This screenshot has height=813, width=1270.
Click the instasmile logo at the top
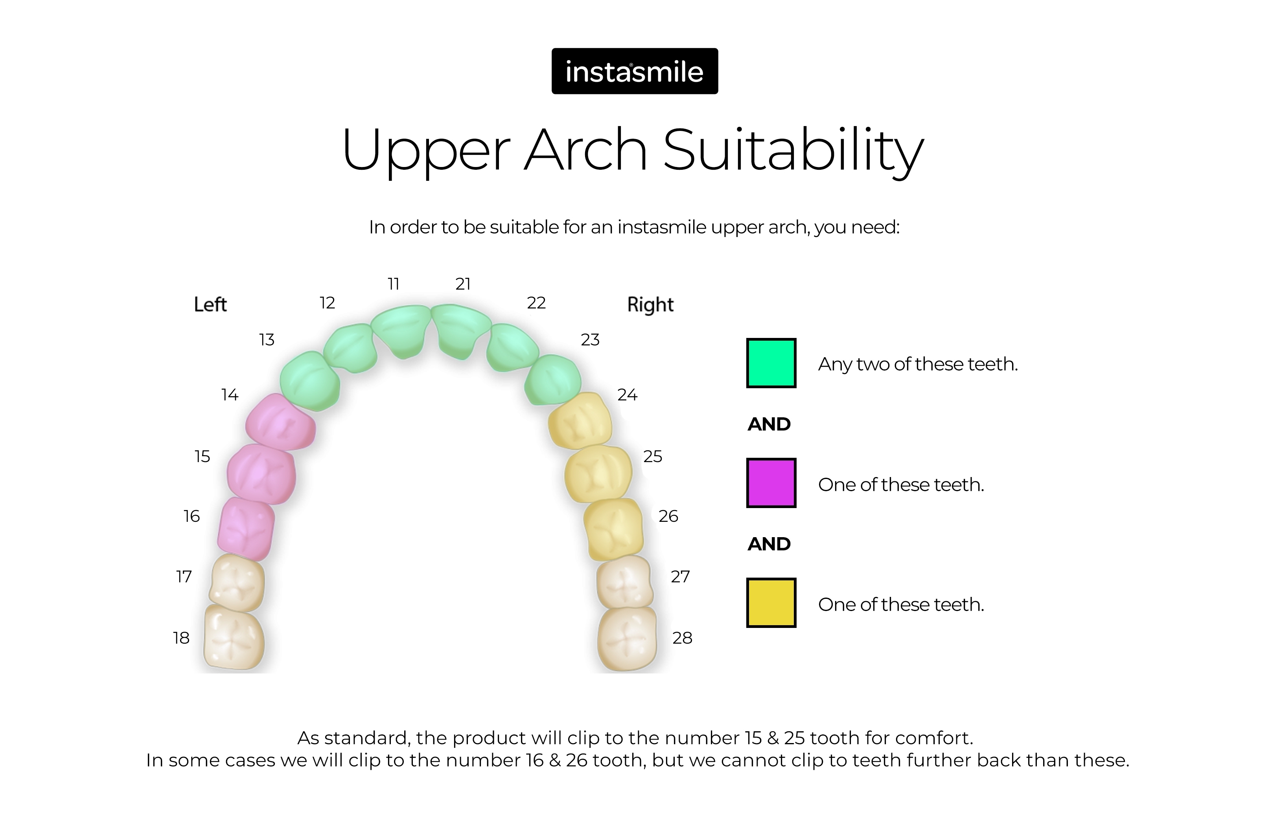635,71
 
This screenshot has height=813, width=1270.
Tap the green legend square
771,363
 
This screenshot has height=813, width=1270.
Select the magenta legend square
771,483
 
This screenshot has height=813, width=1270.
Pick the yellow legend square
771,603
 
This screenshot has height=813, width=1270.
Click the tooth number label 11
393,284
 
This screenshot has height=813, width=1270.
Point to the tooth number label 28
682,638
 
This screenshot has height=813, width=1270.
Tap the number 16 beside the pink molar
191,516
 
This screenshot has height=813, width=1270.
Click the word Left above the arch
210,305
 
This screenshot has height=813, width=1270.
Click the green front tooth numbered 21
460,330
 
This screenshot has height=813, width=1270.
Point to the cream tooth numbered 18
234,637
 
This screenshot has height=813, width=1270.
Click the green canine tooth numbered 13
310,381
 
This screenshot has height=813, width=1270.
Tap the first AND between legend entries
769,424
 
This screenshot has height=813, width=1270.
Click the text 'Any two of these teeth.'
918,364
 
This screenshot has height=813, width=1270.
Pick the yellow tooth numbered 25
598,473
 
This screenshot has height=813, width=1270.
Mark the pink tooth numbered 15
261,473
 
